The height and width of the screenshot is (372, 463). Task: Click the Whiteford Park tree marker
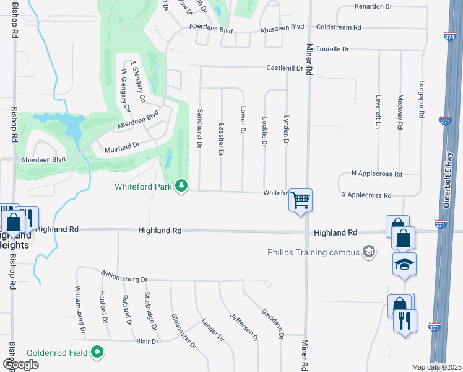point(181,185)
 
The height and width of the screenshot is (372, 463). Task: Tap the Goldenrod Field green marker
point(97,352)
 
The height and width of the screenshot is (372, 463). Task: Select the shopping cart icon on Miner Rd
point(300,200)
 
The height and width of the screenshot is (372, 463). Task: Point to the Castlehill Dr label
point(285,68)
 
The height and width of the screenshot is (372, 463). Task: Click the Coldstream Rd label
point(338,27)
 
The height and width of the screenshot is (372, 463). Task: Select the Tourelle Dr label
point(332,48)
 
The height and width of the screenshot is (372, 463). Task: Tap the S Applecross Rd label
point(366,195)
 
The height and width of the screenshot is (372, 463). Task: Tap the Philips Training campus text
point(313,252)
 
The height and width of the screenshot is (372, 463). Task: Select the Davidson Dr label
point(272,323)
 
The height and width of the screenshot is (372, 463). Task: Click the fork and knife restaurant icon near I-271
point(405,321)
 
